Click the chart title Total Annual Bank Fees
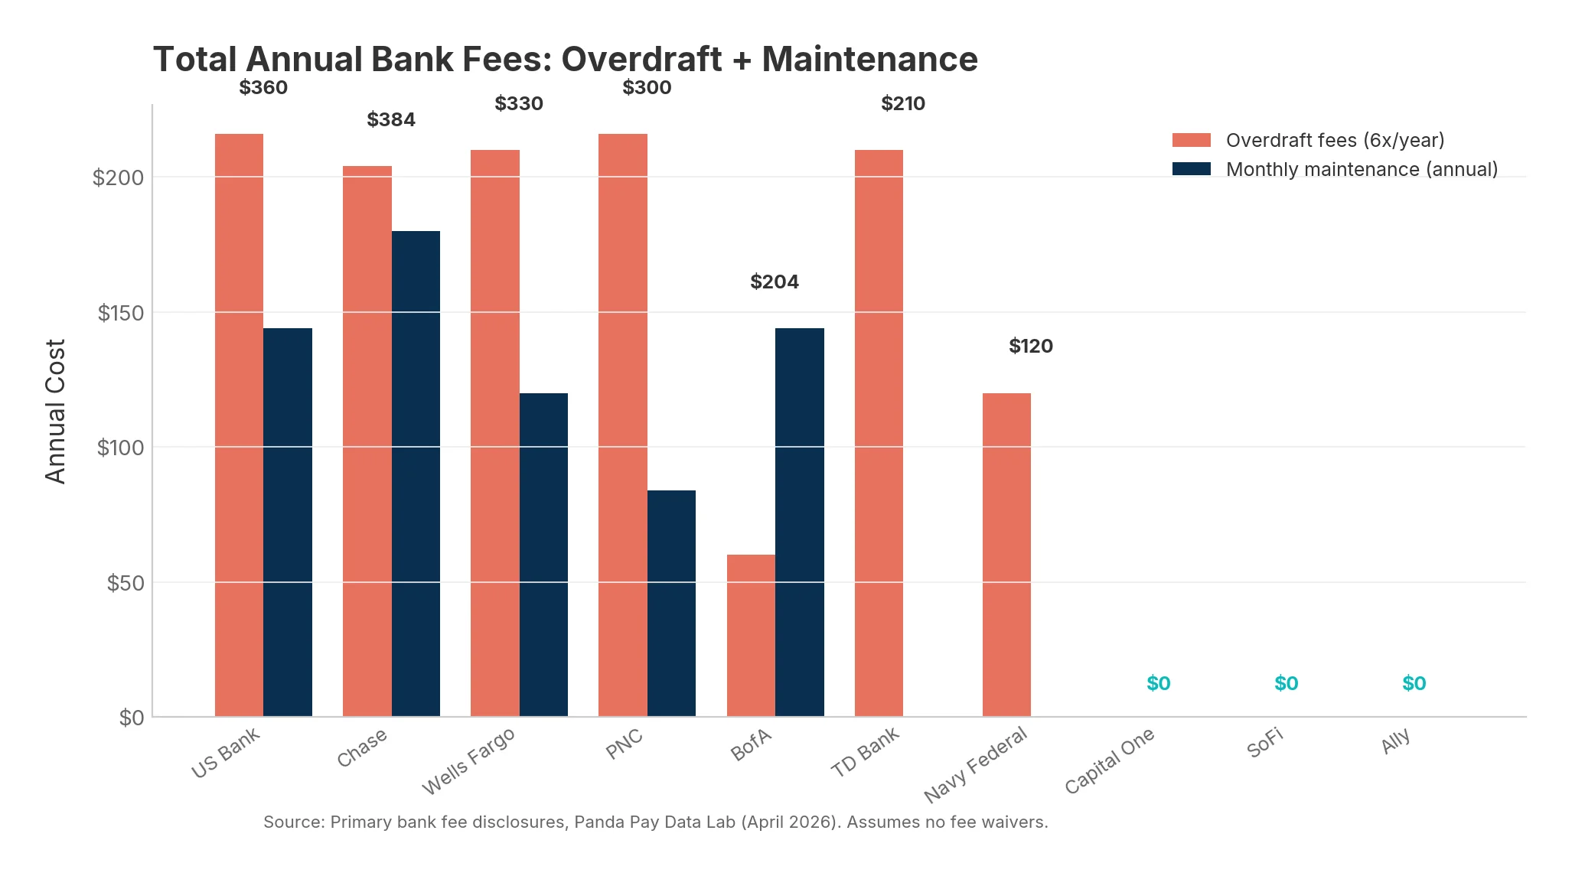click(565, 60)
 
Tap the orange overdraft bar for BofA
click(751, 635)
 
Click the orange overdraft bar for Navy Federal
click(1006, 555)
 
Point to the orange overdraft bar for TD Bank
click(879, 432)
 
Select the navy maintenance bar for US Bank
click(288, 522)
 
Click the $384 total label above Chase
click(391, 120)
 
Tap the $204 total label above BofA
click(775, 282)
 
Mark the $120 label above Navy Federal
click(1031, 347)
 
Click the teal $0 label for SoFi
click(1286, 684)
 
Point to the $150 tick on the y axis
click(120, 313)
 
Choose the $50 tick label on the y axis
click(125, 584)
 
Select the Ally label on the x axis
click(1396, 742)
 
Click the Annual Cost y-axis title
click(56, 411)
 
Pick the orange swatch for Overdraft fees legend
click(1191, 141)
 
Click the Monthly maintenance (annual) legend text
click(1362, 170)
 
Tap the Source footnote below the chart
click(655, 822)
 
